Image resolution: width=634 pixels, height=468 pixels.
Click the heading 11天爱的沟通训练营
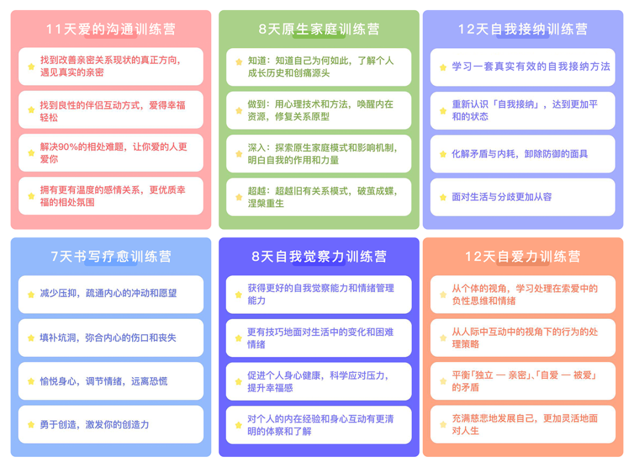(110, 29)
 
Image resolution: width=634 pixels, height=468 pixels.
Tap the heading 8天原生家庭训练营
(319, 29)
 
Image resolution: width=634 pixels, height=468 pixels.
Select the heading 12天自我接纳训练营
(522, 29)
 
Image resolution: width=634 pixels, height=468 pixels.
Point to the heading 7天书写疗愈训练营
(110, 257)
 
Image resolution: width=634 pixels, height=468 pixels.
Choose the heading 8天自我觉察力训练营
(319, 257)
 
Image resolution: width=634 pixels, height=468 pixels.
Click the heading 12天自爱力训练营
(522, 257)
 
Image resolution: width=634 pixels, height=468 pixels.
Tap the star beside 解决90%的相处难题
(31, 153)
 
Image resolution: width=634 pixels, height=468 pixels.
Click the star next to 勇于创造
(31, 425)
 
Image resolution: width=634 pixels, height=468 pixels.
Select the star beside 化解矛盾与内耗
(443, 154)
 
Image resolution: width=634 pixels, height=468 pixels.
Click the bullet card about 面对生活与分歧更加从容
(522, 197)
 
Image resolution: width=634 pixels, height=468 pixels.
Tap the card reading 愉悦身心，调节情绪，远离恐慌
(110, 381)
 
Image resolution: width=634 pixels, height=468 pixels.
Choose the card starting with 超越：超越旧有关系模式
(319, 197)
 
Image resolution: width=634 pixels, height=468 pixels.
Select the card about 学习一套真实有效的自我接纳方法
(522, 67)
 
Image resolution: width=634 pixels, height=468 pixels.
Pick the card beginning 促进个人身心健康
(319, 381)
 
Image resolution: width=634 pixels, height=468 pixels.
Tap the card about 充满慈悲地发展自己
(522, 425)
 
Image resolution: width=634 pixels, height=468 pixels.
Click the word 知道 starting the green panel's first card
(257, 60)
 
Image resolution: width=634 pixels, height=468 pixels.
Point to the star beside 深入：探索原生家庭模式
(239, 154)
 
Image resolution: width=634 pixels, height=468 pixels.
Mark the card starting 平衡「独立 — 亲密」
(522, 381)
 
